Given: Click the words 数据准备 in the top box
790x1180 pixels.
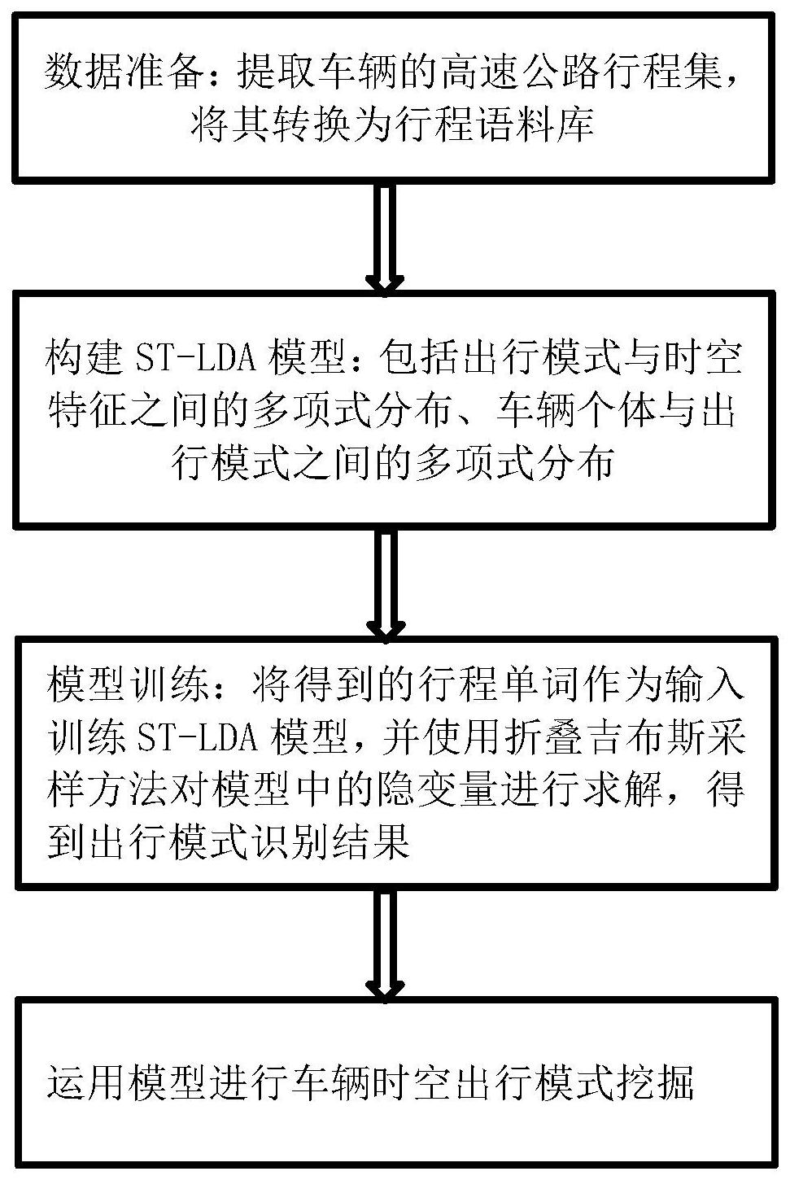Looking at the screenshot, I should pos(126,75).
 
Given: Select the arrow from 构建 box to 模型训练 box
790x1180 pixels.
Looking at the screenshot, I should pos(384,584).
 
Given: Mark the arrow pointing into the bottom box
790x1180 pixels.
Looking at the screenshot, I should pos(384,944).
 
